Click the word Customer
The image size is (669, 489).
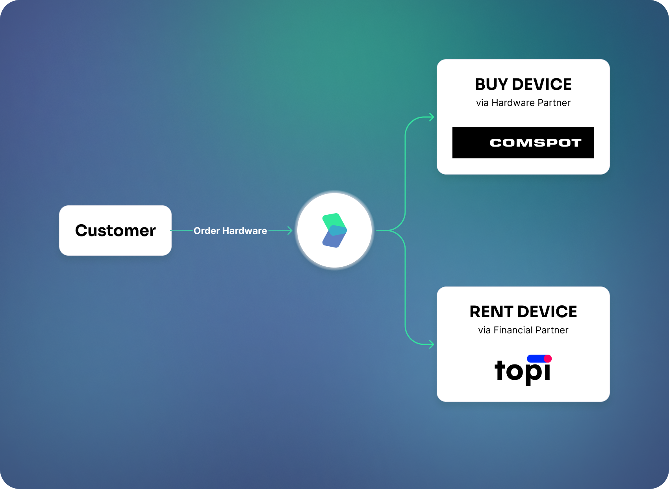tap(115, 231)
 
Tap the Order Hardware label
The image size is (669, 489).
tap(230, 231)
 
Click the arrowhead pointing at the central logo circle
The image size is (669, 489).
tap(290, 231)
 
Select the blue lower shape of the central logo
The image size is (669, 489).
tap(335, 237)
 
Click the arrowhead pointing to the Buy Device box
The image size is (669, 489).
tap(432, 117)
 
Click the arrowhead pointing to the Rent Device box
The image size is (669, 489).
tap(432, 344)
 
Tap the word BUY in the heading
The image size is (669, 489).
tap(491, 84)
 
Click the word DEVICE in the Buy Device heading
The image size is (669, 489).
tap(542, 84)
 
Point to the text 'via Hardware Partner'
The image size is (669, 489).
tap(523, 103)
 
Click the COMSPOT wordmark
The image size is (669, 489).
tap(536, 143)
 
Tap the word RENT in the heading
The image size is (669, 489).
tap(491, 312)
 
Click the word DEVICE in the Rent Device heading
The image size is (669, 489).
tap(547, 312)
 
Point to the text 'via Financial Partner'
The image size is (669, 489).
tap(523, 330)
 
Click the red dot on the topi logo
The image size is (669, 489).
tap(548, 359)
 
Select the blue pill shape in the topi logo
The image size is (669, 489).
tap(536, 359)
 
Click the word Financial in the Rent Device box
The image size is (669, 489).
tap(513, 330)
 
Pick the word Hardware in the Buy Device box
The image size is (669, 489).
tap(513, 103)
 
